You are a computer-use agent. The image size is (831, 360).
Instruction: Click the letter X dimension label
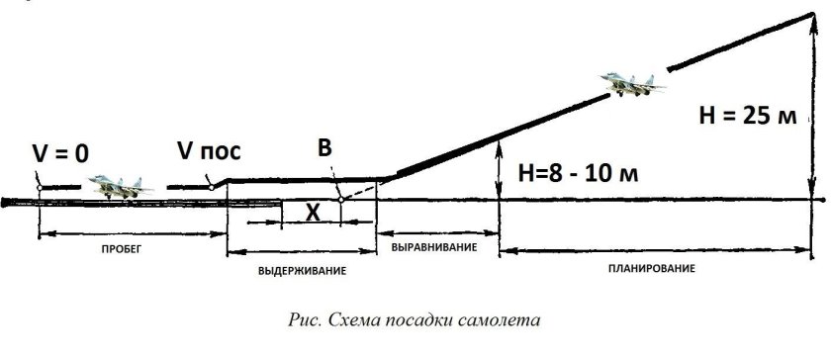pos(312,211)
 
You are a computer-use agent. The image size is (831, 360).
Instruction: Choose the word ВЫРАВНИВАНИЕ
pos(435,246)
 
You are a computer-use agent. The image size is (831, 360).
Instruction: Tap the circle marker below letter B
pos(339,199)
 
